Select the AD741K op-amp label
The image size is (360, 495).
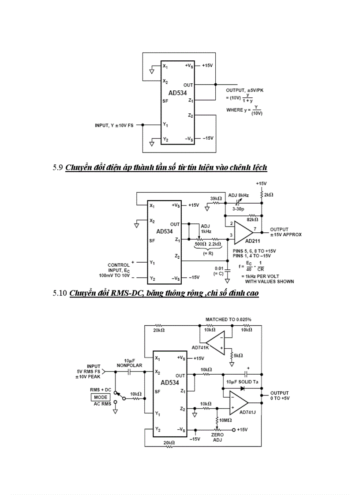tap(200, 347)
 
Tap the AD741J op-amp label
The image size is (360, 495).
tap(247, 412)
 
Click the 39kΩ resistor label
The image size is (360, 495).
tap(216, 198)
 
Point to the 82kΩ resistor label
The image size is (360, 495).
tap(252, 219)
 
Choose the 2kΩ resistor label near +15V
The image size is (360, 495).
tap(269, 194)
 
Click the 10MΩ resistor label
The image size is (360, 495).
tap(226, 420)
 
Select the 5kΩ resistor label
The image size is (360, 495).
tap(238, 355)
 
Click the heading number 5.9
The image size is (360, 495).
tap(58, 167)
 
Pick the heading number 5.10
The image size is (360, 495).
tap(60, 293)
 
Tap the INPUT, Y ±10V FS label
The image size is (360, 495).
tap(115, 125)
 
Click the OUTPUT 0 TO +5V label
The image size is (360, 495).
tap(280, 395)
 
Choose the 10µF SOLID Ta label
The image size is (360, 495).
tap(242, 381)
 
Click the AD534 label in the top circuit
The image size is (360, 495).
tap(177, 93)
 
